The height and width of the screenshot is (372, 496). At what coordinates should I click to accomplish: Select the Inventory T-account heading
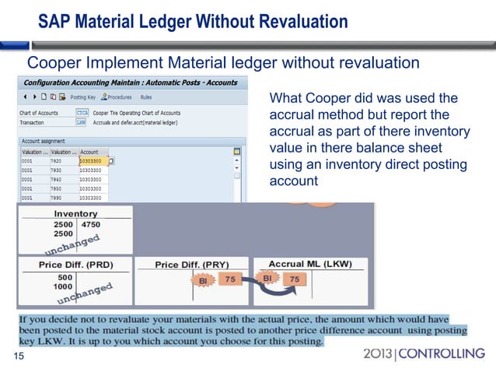75,213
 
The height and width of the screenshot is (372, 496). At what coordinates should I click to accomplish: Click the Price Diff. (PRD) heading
75,265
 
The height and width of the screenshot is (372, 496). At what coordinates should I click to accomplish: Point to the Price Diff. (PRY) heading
190,265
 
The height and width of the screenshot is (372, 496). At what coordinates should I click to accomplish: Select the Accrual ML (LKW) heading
307,265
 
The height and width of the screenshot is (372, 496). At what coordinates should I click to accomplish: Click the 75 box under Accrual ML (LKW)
295,279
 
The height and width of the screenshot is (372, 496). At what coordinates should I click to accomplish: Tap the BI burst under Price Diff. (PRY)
203,280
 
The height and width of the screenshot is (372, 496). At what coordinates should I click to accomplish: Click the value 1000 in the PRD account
64,286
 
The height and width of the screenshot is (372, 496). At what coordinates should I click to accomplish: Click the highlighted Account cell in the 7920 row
93,161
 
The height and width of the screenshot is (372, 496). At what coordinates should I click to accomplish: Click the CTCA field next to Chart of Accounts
82,113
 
